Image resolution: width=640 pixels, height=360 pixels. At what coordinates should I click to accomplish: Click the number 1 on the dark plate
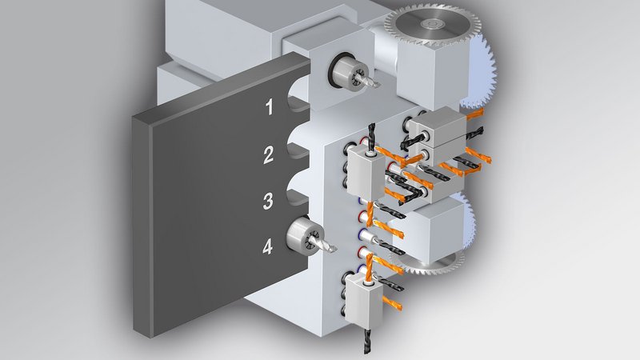tap(269, 107)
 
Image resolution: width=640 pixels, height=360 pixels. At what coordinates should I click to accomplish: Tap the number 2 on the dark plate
tap(268, 154)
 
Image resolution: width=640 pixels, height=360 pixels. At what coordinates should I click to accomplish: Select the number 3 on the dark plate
tap(268, 202)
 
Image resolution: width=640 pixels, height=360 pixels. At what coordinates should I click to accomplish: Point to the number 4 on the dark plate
tap(267, 247)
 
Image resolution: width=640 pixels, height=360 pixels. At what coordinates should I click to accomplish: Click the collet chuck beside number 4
tap(305, 236)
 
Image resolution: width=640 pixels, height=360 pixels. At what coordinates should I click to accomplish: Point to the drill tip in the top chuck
tap(371, 82)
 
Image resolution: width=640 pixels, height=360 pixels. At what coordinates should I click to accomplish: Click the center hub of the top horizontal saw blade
tap(430, 24)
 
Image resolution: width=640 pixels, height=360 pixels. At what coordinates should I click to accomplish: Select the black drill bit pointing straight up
tap(372, 137)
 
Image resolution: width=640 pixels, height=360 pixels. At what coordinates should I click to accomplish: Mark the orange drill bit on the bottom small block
tap(392, 304)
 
